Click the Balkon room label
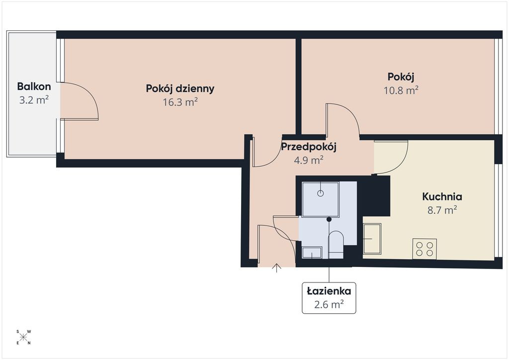pyautogui.click(x=34, y=87)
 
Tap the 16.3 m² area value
pyautogui.click(x=180, y=102)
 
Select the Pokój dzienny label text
pyautogui.click(x=180, y=89)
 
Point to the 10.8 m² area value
pyautogui.click(x=401, y=90)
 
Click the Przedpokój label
pyautogui.click(x=308, y=147)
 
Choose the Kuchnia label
pyautogui.click(x=442, y=196)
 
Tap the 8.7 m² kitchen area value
pyautogui.click(x=442, y=210)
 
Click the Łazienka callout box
pyautogui.click(x=329, y=298)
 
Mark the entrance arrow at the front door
pyautogui.click(x=276, y=268)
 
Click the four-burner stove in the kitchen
pyautogui.click(x=424, y=249)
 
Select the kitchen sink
pyautogui.click(x=372, y=239)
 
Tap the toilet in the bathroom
pyautogui.click(x=336, y=245)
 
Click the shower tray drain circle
pyautogui.click(x=321, y=193)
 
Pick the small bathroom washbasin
pyautogui.click(x=312, y=252)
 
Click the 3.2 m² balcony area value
pyautogui.click(x=34, y=100)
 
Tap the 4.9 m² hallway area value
pyautogui.click(x=308, y=161)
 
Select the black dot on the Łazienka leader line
pyautogui.click(x=329, y=219)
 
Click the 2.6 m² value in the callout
pyautogui.click(x=329, y=304)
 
